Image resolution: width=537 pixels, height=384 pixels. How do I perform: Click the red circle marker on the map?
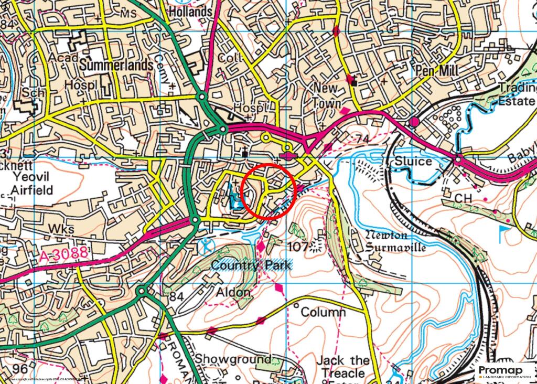pyautogui.click(x=270, y=190)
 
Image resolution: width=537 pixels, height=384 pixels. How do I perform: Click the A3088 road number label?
pyautogui.click(x=63, y=256)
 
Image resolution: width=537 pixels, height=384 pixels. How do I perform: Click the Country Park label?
pyautogui.click(x=251, y=265)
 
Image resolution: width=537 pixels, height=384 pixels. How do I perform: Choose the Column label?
pyautogui.click(x=323, y=313)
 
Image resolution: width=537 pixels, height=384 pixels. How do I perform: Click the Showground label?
pyautogui.click(x=234, y=359)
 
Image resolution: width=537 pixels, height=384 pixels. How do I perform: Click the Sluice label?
pyautogui.click(x=413, y=161)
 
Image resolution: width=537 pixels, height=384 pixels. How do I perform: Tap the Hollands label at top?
pyautogui.click(x=190, y=10)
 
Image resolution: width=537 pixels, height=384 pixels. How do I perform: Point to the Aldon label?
pyautogui.click(x=233, y=292)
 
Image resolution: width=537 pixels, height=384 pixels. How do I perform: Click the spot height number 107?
pyautogui.click(x=297, y=246)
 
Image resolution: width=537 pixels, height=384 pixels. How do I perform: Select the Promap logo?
pyautogui.click(x=504, y=371)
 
